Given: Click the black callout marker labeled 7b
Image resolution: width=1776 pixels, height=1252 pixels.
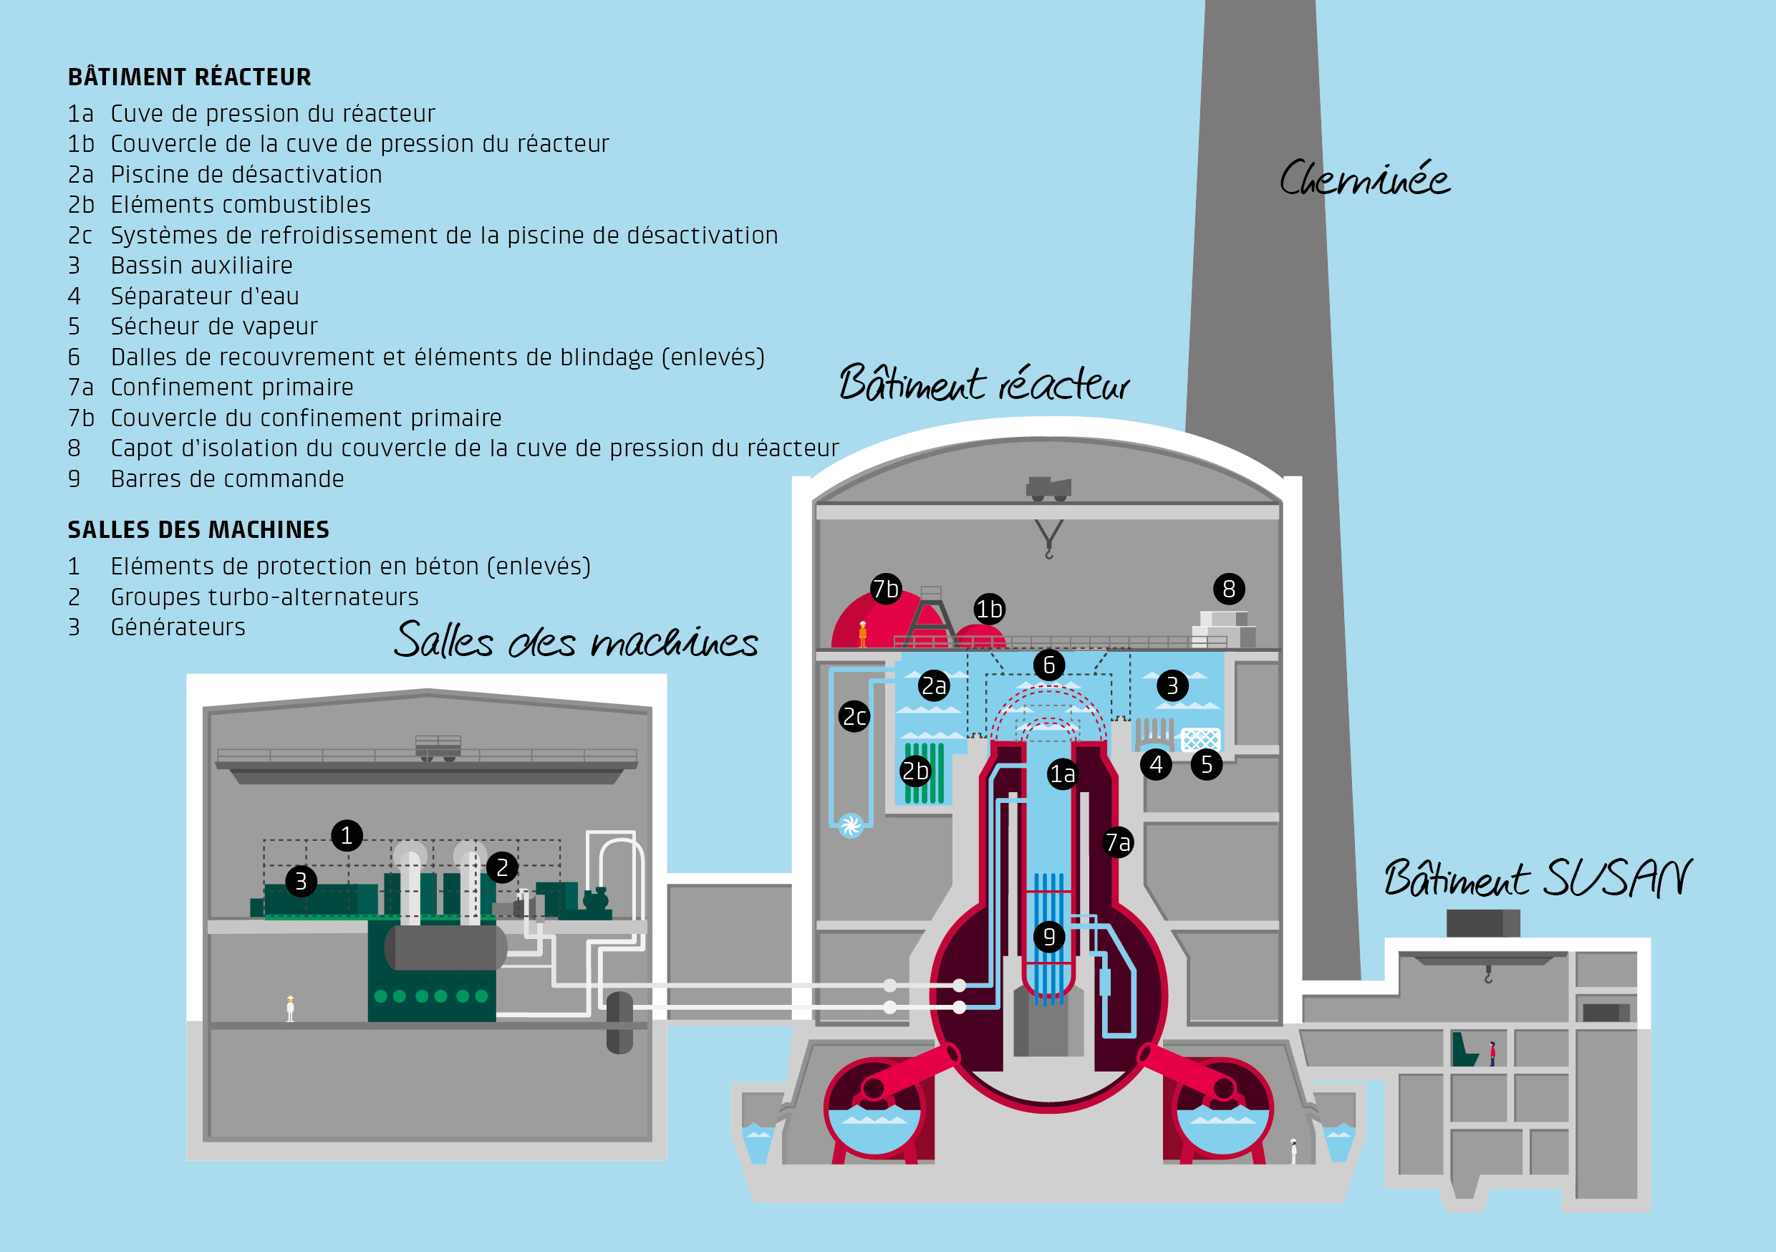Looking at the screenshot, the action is click(886, 589).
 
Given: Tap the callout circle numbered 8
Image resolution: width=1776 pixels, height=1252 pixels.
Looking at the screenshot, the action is click(1229, 589).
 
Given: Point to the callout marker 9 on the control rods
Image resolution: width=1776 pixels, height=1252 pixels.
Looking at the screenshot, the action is click(1050, 937).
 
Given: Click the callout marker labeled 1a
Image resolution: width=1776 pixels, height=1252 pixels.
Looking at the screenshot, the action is click(1063, 774).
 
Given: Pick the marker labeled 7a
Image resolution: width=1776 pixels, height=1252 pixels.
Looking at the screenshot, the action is click(1119, 842).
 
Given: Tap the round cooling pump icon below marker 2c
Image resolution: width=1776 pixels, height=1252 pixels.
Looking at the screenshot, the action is click(851, 826).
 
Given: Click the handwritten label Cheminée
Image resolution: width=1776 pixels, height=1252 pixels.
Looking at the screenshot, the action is click(1364, 179).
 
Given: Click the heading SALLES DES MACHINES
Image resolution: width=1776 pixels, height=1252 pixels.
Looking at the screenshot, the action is click(198, 530).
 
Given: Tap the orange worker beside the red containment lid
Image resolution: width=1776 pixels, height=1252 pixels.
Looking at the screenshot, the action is click(862, 634).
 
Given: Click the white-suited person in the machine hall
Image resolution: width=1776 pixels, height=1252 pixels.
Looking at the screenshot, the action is click(290, 1009).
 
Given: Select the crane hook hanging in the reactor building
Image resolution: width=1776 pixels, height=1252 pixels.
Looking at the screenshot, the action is click(1049, 539).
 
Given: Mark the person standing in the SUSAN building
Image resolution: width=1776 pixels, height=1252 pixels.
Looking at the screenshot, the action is click(1492, 1054).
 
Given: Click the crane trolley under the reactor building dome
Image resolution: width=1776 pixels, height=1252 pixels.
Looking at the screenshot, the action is click(1049, 489).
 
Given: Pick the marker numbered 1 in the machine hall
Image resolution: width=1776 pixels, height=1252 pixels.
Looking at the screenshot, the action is click(347, 836).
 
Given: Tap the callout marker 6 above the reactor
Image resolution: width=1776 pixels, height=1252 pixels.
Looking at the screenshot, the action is click(1050, 665).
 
